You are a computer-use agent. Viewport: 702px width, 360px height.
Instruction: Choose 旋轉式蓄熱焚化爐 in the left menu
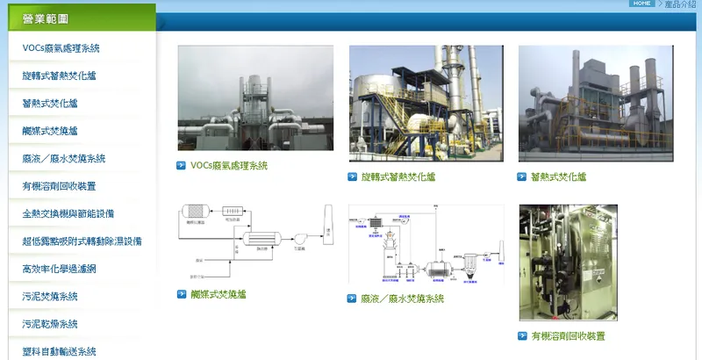[x=59, y=76]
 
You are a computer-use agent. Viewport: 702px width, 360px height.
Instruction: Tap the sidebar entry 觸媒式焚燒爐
[x=50, y=131]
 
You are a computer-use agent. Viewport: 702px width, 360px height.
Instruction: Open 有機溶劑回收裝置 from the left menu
[x=59, y=186]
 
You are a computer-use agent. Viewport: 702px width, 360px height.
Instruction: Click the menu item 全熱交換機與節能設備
[x=68, y=213]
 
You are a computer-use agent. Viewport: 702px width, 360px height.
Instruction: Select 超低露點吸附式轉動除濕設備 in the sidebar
[x=82, y=241]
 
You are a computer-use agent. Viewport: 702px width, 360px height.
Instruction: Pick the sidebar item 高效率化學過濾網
[x=59, y=269]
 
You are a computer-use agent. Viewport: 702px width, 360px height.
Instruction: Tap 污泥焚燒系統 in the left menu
[x=50, y=296]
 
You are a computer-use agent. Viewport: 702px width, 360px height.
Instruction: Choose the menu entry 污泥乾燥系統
[x=50, y=324]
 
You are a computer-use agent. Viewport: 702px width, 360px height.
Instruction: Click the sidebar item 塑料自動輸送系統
[x=59, y=351]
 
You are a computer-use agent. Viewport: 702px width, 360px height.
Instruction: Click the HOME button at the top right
[x=641, y=4]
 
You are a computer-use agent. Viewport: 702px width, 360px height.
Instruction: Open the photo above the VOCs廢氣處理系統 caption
[x=255, y=98]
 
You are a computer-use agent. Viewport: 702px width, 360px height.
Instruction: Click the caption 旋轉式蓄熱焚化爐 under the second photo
[x=398, y=176]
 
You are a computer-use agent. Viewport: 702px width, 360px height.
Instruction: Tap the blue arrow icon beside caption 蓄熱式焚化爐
[x=523, y=176]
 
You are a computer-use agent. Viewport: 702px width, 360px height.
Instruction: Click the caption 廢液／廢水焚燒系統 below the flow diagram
[x=403, y=299]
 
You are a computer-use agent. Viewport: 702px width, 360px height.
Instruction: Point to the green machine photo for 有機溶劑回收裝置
[x=568, y=263]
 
